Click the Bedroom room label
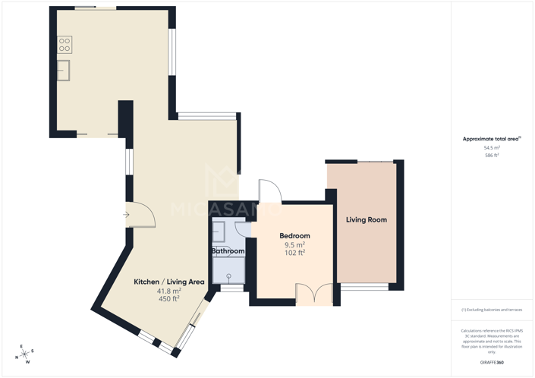click(x=294, y=236)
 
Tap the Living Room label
click(x=367, y=220)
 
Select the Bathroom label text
click(x=228, y=251)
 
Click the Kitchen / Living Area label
click(x=169, y=282)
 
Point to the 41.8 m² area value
click(x=168, y=291)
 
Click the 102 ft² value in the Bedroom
click(x=294, y=253)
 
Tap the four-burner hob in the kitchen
click(x=65, y=45)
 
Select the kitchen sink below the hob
click(x=63, y=71)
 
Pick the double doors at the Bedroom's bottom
click(x=314, y=295)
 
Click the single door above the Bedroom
click(x=269, y=191)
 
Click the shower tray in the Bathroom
click(x=228, y=270)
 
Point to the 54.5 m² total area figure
click(x=492, y=147)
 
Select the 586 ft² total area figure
click(x=492, y=156)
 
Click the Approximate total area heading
click(x=492, y=139)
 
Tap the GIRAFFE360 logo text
click(x=492, y=363)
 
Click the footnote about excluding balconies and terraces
click(x=492, y=310)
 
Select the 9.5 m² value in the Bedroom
click(x=294, y=244)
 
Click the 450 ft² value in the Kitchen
click(x=168, y=299)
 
